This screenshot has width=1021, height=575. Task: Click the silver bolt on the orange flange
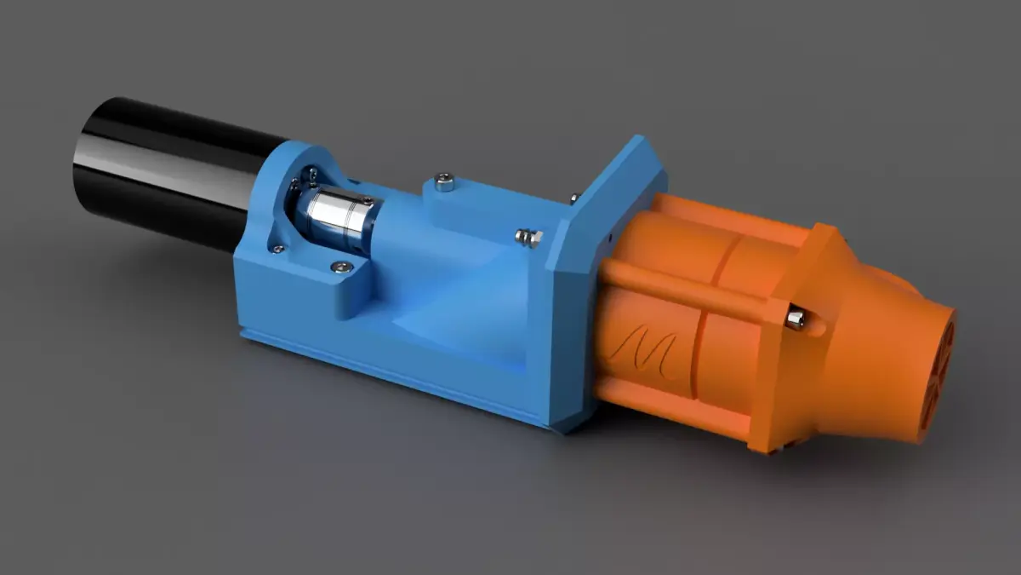(x=796, y=319)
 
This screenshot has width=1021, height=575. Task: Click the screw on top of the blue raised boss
(x=443, y=181)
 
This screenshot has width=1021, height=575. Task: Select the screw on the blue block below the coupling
(x=342, y=267)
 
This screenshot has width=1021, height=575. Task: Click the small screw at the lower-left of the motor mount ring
(x=277, y=249)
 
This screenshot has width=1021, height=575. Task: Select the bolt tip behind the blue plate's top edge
(x=573, y=198)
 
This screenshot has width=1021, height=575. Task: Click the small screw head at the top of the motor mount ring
(x=314, y=174)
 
